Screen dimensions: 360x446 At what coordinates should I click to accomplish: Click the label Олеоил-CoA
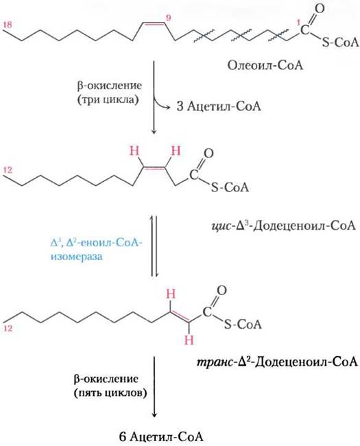265,66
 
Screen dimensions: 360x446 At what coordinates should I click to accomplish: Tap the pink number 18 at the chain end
8,25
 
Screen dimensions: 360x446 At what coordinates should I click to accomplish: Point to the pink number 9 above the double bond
169,18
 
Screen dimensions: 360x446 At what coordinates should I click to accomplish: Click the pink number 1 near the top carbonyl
298,22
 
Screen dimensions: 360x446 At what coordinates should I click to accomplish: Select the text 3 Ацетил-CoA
219,106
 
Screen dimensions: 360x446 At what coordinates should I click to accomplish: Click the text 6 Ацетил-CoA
161,436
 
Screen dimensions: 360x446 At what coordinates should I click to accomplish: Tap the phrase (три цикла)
108,100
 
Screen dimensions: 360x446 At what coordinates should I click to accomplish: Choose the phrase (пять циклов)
110,393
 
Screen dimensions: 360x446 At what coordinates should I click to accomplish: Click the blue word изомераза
76,257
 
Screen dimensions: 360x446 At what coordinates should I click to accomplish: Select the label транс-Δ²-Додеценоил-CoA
277,362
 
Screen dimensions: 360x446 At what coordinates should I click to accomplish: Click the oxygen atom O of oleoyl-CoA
320,8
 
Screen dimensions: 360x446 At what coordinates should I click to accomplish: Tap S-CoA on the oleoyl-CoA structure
340,43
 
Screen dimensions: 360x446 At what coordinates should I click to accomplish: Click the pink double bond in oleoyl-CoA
154,24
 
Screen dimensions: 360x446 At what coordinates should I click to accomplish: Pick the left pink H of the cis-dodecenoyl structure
134,151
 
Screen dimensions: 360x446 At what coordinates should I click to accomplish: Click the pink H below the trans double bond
189,340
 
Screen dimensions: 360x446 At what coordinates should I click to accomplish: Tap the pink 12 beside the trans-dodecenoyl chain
8,328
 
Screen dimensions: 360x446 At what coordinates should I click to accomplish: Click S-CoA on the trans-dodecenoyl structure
243,324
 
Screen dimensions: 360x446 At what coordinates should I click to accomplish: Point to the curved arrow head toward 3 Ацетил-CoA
168,107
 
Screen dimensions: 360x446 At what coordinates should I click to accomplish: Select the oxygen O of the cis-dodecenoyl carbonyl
209,154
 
